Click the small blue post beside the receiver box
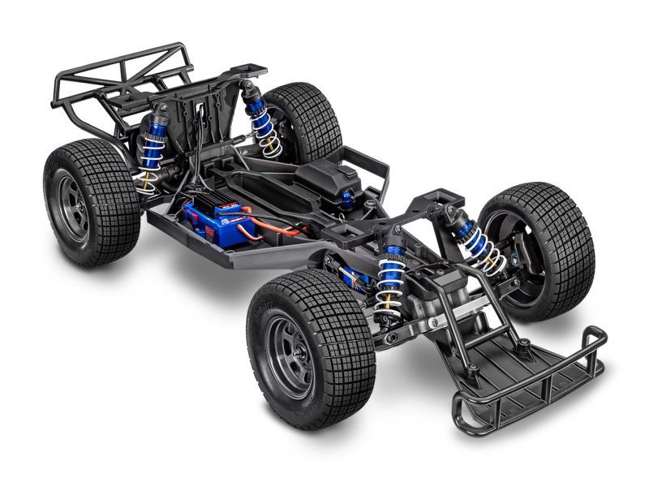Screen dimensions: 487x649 tap(346, 198)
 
